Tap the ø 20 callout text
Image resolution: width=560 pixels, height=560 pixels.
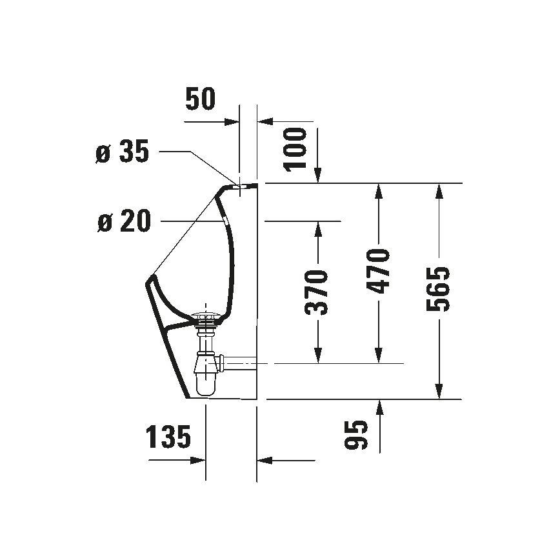coord(123,221)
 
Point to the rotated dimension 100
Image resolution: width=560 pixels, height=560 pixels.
coord(297,148)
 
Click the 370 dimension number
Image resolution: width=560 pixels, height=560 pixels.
coord(317,292)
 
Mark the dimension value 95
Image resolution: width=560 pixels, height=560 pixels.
coord(357,435)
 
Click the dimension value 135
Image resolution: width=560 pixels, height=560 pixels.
coord(168,437)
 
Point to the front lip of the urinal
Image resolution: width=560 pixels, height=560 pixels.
coord(151,279)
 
